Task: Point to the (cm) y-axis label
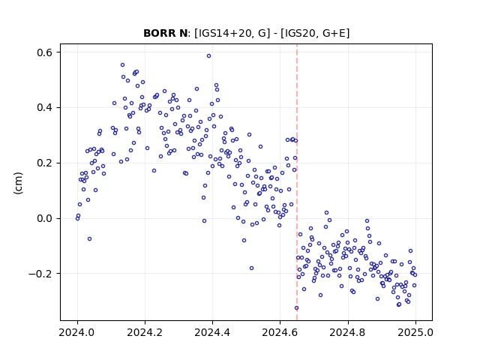[x=18, y=183]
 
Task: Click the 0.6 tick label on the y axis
[x=44, y=52]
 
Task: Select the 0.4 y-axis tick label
[x=44, y=108]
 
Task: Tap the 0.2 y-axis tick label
[x=44, y=163]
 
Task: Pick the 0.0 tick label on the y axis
[x=44, y=218]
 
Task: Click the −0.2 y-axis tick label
[x=40, y=274]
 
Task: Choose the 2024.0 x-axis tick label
[x=77, y=332]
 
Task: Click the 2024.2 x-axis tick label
[x=145, y=332]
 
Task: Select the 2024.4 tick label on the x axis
[x=212, y=332]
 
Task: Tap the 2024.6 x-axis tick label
[x=280, y=332]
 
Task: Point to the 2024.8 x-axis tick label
[x=348, y=332]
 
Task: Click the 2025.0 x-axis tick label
[x=415, y=332]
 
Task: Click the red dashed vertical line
[x=297, y=182]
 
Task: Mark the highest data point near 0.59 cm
[x=208, y=56]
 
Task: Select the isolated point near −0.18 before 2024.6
[x=251, y=268]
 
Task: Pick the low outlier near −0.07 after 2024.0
[x=89, y=238]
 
